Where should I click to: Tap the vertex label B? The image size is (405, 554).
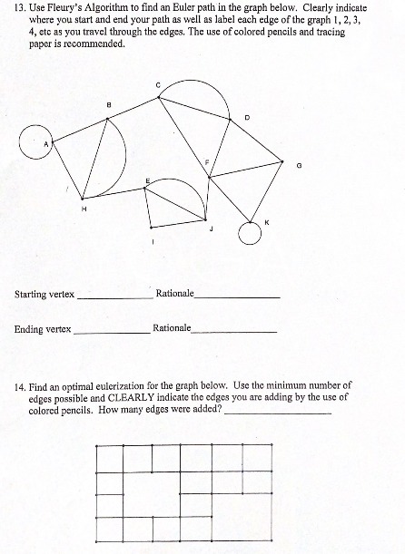(110, 103)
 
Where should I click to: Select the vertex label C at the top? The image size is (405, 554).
(158, 85)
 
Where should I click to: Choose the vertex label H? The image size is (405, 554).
(84, 210)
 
